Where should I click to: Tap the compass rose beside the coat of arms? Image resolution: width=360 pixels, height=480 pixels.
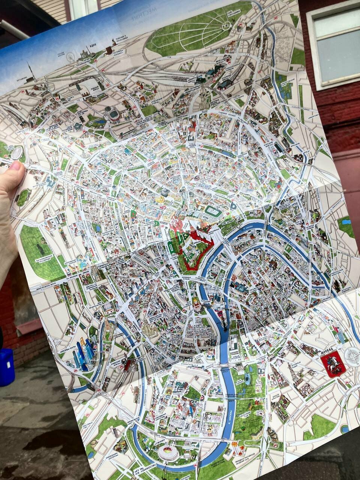(352, 356)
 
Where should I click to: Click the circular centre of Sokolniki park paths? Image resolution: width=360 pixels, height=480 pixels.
(226, 25)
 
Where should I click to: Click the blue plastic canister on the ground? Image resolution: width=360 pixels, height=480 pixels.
(6, 367)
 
